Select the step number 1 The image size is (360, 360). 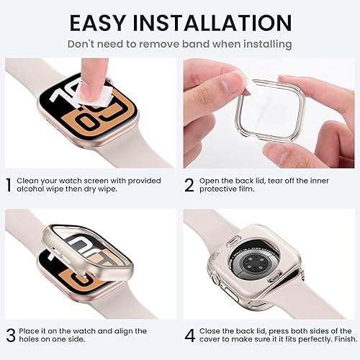pos(10,186)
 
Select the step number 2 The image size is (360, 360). pos(189,186)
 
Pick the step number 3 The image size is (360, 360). pos(10,334)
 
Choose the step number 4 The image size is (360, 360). pos(189,334)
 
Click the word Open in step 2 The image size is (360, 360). pos(213,180)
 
